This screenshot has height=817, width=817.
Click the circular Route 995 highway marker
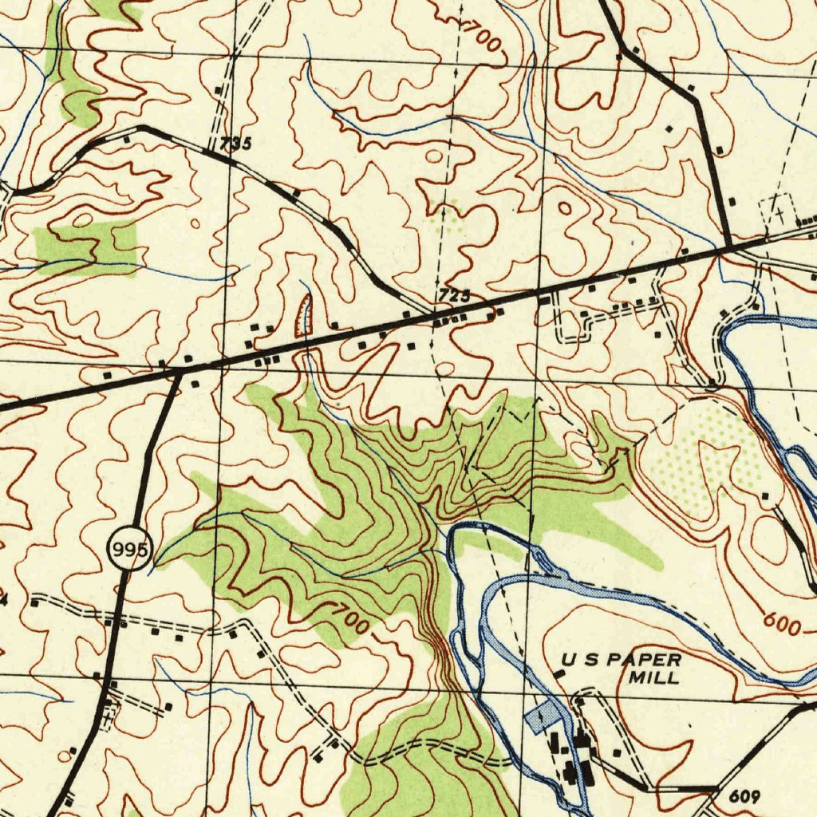[x=130, y=551]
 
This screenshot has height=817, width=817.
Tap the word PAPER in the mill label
[x=646, y=661]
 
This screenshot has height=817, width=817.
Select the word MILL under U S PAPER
[x=654, y=678]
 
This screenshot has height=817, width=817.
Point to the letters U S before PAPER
[x=579, y=661]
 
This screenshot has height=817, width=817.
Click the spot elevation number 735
[x=235, y=144]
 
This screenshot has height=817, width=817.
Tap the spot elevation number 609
[x=744, y=797]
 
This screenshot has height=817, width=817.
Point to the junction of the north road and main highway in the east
[x=729, y=246]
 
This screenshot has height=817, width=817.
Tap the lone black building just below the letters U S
[x=559, y=676]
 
